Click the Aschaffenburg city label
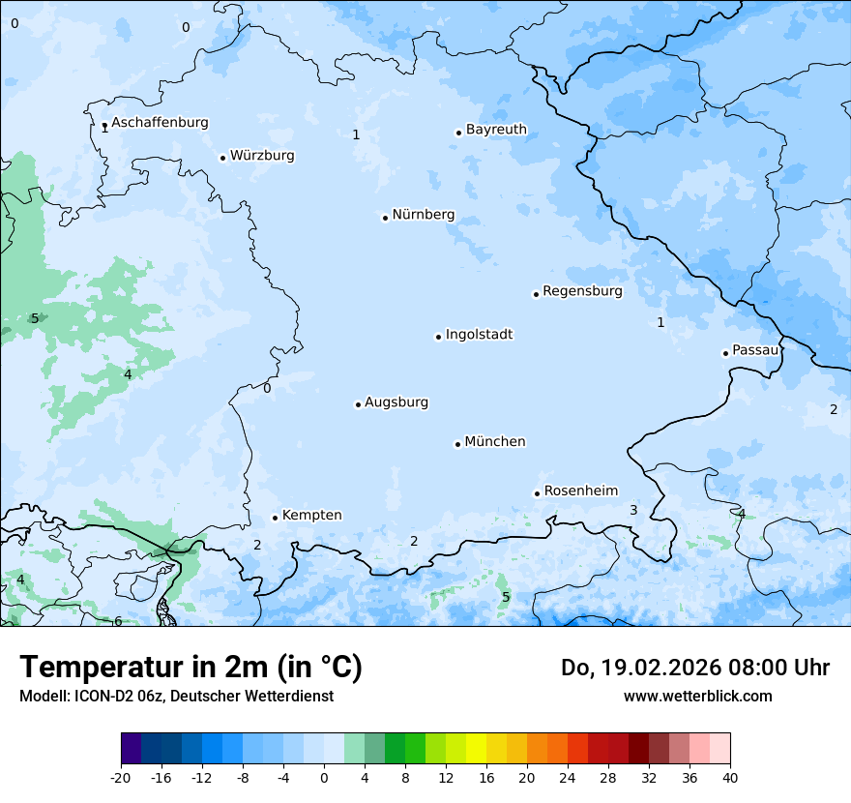point(160,123)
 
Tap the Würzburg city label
point(262,156)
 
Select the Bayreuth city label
point(496,130)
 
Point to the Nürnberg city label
point(423,215)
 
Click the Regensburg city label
point(582,291)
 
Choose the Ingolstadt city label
point(479,335)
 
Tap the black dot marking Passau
point(725,353)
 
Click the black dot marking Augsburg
point(358,404)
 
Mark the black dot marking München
point(457,444)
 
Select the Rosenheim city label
point(580,491)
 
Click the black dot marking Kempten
point(275,518)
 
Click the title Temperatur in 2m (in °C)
point(191,668)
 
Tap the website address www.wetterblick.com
point(697,697)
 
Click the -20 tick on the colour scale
point(121,777)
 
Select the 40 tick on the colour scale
point(730,777)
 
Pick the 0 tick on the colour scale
point(324,777)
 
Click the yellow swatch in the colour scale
point(476,749)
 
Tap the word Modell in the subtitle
point(43,697)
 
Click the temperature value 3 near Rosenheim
point(633,510)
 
